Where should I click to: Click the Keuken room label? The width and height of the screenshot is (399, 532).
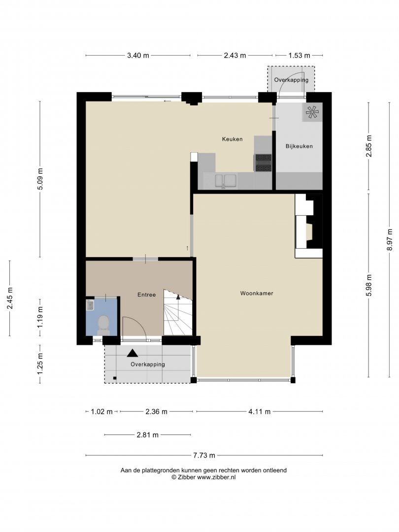[233, 139]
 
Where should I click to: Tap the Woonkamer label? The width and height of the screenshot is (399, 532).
[257, 293]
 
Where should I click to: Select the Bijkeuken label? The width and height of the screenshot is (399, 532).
[299, 146]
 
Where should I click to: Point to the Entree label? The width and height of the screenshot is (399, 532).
[147, 295]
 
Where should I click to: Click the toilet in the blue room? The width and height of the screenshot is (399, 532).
[102, 324]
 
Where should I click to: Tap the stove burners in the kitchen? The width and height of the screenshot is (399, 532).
[263, 163]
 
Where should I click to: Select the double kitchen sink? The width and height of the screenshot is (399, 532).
[226, 181]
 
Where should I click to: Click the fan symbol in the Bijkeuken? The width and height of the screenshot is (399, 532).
[311, 112]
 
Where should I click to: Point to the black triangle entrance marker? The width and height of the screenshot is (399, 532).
[133, 353]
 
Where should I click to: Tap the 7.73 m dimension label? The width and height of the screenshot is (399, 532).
[204, 455]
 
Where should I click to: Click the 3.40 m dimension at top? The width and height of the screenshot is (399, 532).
[138, 55]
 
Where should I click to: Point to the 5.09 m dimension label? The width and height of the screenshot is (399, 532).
[40, 179]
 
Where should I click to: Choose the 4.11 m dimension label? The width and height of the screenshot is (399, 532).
[260, 411]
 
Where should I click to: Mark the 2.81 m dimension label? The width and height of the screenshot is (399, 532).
[148, 434]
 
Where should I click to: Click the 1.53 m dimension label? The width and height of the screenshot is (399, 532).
[299, 55]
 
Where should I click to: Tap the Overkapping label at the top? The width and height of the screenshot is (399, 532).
[291, 80]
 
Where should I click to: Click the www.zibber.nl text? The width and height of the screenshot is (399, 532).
[216, 477]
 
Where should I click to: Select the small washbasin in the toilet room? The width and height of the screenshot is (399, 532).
[90, 305]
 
